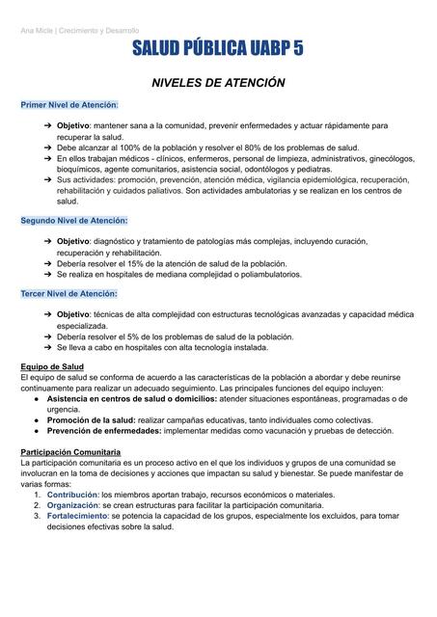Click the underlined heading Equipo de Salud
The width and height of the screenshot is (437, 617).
click(x=53, y=366)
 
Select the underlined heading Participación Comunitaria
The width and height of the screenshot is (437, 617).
click(x=73, y=451)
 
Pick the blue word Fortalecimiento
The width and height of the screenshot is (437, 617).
click(x=70, y=516)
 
